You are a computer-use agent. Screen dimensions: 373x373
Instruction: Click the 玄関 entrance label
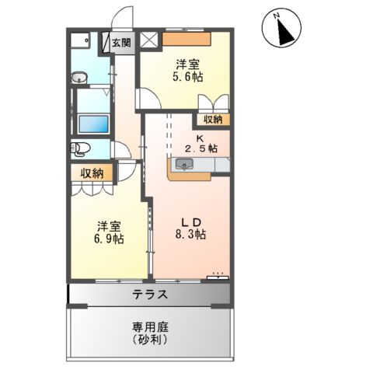[122, 42]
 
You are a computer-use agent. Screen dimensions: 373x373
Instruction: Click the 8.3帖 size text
[189, 234]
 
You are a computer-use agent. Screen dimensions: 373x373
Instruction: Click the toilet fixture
[81, 148]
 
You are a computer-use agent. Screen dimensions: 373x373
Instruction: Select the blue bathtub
[92, 124]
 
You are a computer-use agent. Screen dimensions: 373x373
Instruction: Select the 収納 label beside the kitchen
[213, 119]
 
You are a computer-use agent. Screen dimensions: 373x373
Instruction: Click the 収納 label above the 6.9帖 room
[91, 173]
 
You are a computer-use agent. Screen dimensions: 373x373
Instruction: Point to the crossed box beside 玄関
[149, 41]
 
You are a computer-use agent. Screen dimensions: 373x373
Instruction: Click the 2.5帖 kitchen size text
[200, 148]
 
